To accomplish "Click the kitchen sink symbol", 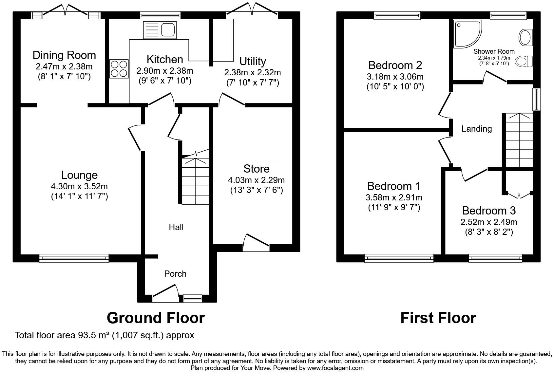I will point(160,29).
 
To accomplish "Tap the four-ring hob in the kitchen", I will point(119,69).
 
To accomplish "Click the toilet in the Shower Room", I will point(524,62).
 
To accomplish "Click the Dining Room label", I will point(64,55).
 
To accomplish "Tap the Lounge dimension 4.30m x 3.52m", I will point(79,186).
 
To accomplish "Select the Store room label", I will point(257,169).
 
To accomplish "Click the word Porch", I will point(175,274).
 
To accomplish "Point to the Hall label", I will point(176,227).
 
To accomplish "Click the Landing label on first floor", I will point(476,129).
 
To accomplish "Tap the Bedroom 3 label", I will point(489,210).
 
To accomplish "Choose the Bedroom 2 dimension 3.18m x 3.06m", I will point(395,77).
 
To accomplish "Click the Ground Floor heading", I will point(156,318).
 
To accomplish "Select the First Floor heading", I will point(438,318).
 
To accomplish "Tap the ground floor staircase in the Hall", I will point(195,180).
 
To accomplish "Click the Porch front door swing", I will point(166,292).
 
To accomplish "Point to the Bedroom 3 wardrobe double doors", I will point(519,195).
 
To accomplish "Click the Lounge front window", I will point(74,258).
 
